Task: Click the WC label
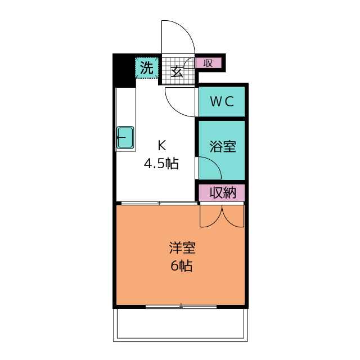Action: (222, 101)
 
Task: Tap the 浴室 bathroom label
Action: (223, 146)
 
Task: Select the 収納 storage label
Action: (223, 192)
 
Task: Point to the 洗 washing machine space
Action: (147, 67)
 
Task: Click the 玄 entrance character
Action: (177, 71)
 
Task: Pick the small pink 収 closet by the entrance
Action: (208, 63)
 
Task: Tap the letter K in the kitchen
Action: (162, 145)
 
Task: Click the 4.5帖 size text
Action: (161, 164)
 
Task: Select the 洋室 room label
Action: (182, 248)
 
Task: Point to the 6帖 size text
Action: (181, 266)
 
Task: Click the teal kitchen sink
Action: (125, 137)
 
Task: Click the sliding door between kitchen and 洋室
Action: (159, 203)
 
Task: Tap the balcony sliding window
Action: (181, 306)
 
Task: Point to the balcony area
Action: (181, 325)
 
